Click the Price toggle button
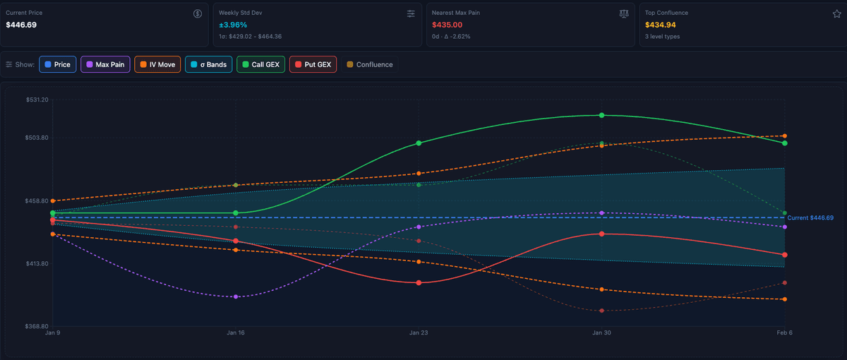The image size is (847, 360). point(58,64)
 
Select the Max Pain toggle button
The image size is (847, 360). point(105,64)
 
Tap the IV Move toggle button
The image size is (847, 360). point(157,64)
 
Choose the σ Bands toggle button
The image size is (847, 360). point(208,64)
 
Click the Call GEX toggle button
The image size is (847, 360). point(260,64)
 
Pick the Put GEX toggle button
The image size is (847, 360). point(313,64)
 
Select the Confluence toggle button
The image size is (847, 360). point(370,64)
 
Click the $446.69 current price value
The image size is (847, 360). point(21,25)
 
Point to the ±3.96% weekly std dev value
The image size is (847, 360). point(233,25)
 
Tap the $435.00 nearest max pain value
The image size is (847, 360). point(447,25)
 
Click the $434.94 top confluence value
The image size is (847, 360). point(661,25)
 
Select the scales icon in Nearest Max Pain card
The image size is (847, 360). point(623,13)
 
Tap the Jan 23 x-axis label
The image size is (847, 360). point(419,332)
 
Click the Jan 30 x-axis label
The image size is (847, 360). point(601,332)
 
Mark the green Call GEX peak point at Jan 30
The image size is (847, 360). point(601,115)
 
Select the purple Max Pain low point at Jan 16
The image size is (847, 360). point(236,297)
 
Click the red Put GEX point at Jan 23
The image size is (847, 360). point(419,282)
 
